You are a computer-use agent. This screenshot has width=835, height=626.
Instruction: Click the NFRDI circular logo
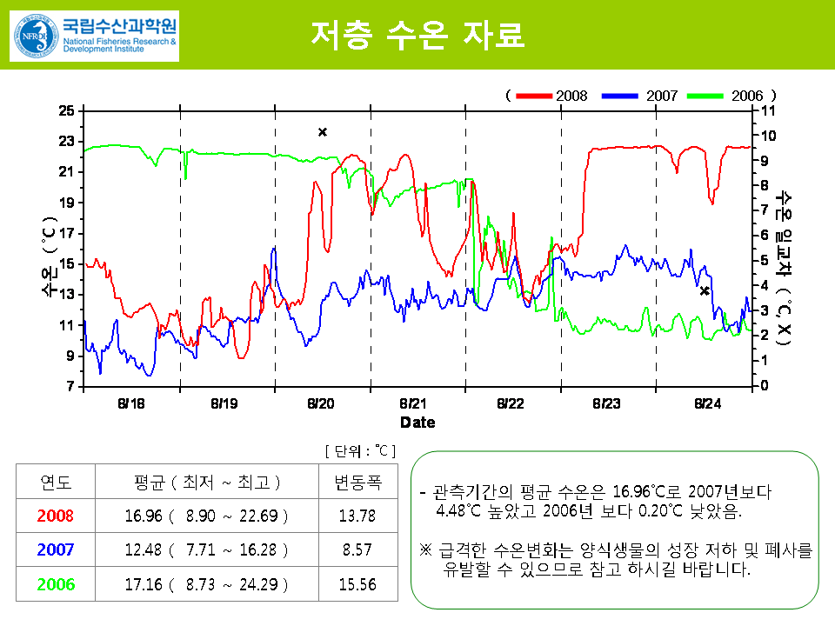tap(37, 36)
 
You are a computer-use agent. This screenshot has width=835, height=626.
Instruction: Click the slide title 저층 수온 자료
tap(417, 35)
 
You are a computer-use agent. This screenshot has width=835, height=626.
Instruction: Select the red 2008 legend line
tap(534, 96)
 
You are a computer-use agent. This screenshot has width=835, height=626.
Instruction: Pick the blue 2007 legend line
tap(620, 96)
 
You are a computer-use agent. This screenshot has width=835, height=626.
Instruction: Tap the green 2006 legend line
tap(705, 96)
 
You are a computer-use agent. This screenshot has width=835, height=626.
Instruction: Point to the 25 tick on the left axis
tap(67, 110)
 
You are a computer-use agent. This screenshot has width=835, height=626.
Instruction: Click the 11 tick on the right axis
tap(767, 110)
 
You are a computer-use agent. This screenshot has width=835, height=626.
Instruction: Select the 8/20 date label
tap(321, 403)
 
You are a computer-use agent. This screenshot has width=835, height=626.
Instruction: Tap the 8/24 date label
tap(707, 403)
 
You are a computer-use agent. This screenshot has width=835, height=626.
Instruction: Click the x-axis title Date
tap(417, 423)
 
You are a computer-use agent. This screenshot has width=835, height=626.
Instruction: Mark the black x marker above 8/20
tap(323, 132)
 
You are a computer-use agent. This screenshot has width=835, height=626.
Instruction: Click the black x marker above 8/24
tap(705, 291)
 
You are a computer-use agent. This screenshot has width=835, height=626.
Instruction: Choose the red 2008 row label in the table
tap(56, 516)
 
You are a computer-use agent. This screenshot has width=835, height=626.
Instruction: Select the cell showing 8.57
tap(357, 549)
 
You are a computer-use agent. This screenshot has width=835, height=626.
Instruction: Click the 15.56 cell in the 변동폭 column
tap(357, 584)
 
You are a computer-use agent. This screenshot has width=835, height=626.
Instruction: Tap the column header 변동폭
tap(357, 483)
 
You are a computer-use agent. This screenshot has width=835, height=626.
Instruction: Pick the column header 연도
tap(56, 483)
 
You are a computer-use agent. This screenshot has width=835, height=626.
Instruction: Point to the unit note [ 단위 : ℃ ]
tap(360, 451)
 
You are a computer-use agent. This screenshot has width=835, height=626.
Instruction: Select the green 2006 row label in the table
tap(56, 584)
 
